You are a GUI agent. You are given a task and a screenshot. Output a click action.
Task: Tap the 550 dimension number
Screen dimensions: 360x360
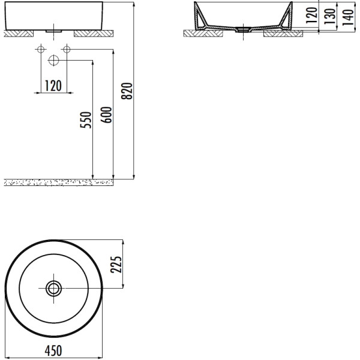point(86,121)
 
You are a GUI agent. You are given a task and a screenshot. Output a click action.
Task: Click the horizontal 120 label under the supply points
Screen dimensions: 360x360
point(53,86)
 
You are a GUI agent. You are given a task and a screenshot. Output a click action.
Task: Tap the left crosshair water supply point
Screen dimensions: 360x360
point(40,49)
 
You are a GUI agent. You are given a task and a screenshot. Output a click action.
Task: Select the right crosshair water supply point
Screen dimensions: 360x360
point(66,49)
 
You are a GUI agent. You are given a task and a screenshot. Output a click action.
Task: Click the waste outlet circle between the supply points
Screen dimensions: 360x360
point(53,60)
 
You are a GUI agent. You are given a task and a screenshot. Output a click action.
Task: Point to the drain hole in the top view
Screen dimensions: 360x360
point(53,289)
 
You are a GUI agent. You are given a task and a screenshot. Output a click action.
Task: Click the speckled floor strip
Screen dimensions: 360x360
point(60,182)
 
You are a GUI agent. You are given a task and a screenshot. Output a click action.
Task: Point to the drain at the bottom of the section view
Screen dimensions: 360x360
point(243,28)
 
